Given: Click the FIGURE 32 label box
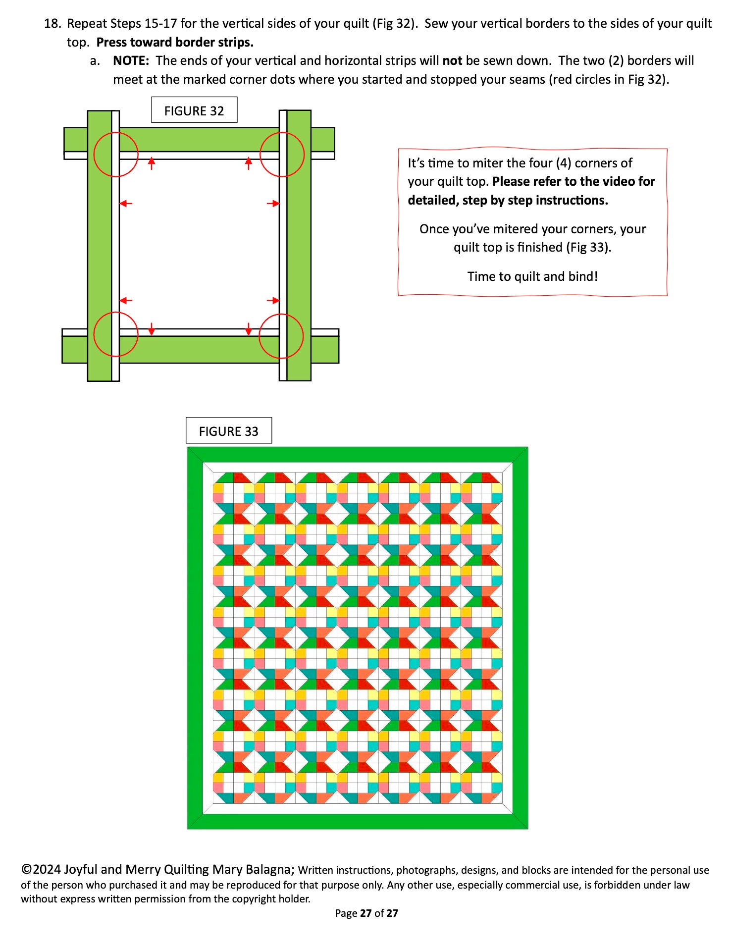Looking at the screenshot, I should [x=194, y=110].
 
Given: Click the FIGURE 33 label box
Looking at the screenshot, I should [x=228, y=431].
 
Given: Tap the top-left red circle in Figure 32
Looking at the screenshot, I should [x=116, y=155].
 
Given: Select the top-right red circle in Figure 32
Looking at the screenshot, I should [x=282, y=155].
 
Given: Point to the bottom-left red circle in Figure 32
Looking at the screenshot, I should [x=116, y=334].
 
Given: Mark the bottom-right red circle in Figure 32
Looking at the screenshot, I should [x=281, y=336].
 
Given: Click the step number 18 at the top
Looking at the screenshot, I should [x=52, y=24].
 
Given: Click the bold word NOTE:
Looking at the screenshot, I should [x=131, y=61].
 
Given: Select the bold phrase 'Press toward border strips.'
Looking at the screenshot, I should [x=175, y=43].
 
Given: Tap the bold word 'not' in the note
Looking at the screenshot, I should [x=452, y=61].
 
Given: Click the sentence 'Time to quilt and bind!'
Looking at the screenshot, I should [x=532, y=276].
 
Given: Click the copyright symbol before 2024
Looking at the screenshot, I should [x=26, y=869].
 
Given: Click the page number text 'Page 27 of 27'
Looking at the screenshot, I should [x=366, y=913].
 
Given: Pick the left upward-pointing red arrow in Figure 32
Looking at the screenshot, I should [x=152, y=162].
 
